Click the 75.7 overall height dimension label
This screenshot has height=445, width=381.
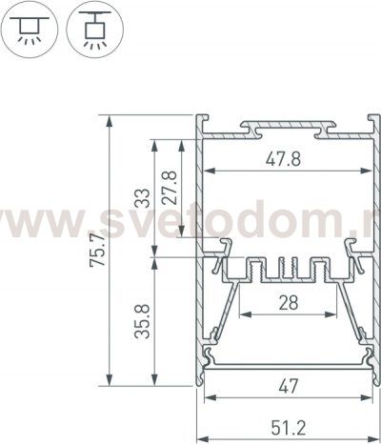[97, 250]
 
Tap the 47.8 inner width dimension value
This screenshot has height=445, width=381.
[283, 159]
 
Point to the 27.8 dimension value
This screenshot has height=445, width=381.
[169, 188]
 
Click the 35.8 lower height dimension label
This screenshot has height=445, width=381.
[142, 321]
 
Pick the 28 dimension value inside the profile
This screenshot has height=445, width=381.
[289, 303]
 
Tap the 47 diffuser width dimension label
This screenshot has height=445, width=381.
[289, 386]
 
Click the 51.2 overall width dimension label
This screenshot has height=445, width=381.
[289, 428]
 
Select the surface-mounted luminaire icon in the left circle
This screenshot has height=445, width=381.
[30, 30]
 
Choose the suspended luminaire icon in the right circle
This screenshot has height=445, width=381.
[94, 30]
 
